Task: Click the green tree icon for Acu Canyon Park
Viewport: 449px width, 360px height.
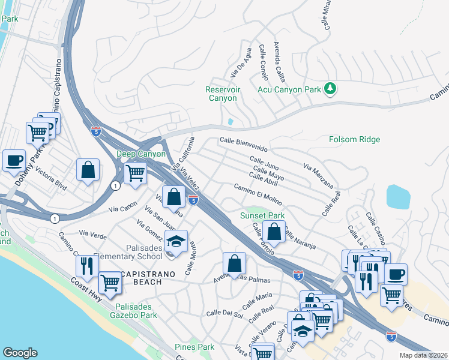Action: click(329, 89)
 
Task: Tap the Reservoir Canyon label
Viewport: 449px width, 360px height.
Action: click(222, 94)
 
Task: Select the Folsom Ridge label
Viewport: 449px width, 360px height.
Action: click(354, 140)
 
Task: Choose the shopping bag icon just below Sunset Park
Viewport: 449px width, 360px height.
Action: click(274, 232)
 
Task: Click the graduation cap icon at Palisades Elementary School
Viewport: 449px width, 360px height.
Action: click(176, 241)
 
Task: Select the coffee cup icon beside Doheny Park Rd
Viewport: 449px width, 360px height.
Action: click(14, 160)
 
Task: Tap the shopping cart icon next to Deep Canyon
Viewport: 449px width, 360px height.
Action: click(136, 173)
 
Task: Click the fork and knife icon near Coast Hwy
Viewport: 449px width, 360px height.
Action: click(87, 265)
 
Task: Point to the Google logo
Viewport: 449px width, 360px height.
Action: click(20, 353)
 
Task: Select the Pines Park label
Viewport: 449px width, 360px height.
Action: click(194, 347)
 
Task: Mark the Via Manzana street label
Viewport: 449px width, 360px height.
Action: click(317, 172)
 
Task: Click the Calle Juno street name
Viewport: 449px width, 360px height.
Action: click(264, 163)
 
